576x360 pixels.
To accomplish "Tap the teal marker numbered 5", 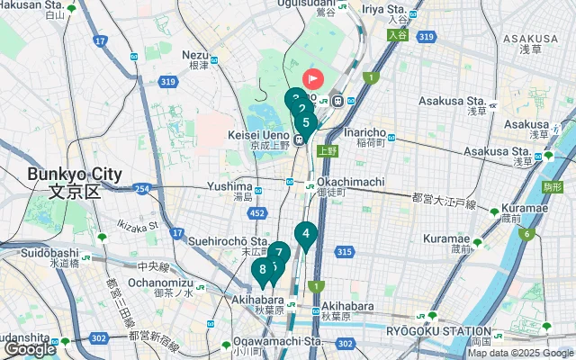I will click(x=306, y=123).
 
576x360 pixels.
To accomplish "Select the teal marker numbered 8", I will click(x=262, y=269).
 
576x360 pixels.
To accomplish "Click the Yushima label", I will click(x=229, y=185).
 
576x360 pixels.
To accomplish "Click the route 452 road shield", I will click(x=258, y=213).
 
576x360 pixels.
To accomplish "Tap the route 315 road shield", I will click(x=344, y=252).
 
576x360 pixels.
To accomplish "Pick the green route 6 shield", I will click(x=526, y=235).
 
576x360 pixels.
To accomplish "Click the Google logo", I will click(x=31, y=349).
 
